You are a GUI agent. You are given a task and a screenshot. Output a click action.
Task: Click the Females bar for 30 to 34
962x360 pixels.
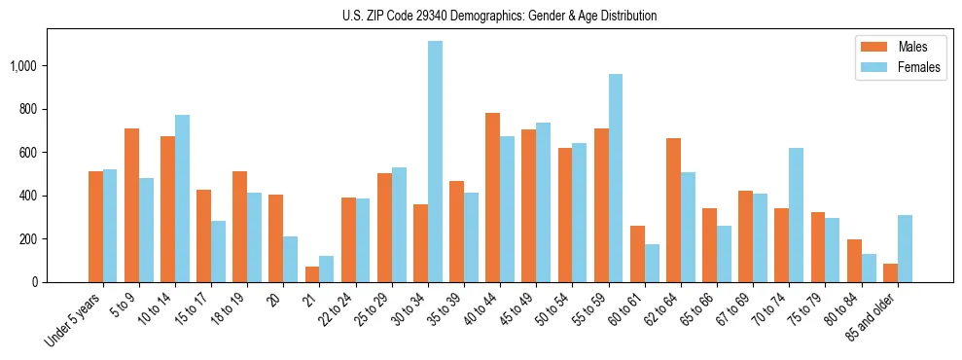tap(435, 162)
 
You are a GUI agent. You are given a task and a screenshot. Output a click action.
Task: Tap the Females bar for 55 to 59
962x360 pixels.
tap(616, 178)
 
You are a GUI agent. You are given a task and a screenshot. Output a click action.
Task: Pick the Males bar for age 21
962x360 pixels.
tap(312, 274)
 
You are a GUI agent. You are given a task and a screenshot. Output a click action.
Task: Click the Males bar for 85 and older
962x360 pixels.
tap(890, 272)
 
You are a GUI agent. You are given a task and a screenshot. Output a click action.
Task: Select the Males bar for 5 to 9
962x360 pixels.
tap(132, 205)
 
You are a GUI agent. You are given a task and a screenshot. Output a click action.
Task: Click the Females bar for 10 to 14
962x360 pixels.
tap(183, 198)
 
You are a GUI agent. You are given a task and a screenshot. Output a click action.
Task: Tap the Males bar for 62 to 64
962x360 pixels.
tap(673, 210)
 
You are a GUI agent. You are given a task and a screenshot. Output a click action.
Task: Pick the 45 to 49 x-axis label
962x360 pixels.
tap(516, 312)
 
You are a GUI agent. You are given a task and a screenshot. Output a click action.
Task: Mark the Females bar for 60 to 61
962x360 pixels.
tap(652, 263)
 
